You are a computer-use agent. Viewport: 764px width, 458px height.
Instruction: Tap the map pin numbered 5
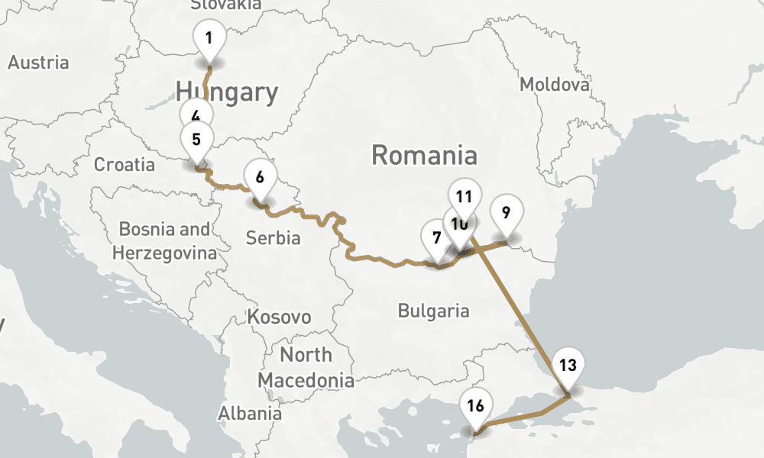tap(196, 140)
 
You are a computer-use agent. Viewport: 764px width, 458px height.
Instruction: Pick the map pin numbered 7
tap(435, 237)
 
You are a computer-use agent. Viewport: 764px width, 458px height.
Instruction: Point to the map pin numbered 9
tap(504, 211)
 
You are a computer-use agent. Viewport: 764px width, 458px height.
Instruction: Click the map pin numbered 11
tap(463, 196)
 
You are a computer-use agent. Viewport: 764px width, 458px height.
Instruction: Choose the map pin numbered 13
tap(568, 366)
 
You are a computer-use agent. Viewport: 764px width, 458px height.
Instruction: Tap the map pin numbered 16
tap(475, 406)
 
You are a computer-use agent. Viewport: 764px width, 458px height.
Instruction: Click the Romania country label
tap(424, 156)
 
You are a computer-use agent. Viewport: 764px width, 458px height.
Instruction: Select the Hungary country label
tap(227, 92)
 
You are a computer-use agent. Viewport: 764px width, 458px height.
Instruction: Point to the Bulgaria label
tap(433, 311)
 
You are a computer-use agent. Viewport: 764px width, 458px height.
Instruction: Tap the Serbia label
tap(273, 238)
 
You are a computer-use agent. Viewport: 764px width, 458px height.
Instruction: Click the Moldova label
tap(554, 84)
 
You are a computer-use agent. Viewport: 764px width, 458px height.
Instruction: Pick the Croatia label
tap(124, 164)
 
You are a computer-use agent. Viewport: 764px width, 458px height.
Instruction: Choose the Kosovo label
tap(279, 317)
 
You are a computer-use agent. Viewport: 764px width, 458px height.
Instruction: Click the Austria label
tap(38, 63)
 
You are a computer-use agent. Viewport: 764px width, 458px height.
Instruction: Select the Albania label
tap(249, 414)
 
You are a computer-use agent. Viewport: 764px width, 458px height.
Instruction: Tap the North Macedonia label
tap(306, 367)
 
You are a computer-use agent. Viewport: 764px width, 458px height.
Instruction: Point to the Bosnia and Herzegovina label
tap(164, 240)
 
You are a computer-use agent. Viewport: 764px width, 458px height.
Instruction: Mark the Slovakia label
tap(225, 5)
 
